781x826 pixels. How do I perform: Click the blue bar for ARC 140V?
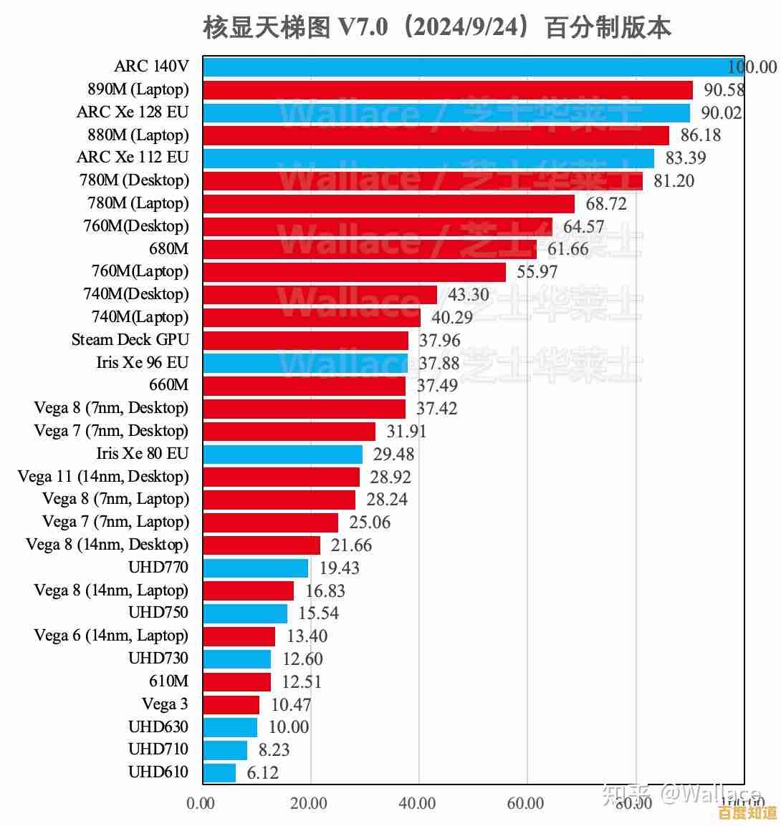473,67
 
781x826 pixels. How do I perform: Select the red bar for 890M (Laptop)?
448,89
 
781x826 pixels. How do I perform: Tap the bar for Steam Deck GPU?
306,340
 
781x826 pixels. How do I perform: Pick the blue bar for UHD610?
219,772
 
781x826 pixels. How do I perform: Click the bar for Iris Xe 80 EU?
283,454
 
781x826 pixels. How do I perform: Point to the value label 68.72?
606,204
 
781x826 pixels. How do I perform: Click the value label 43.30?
469,295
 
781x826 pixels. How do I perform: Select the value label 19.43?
340,568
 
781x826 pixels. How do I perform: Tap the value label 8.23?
274,750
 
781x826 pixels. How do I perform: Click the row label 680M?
169,248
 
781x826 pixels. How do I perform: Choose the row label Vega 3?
165,704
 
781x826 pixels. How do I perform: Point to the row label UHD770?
158,568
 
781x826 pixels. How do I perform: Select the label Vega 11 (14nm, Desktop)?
103,477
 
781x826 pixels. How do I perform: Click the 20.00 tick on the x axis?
309,804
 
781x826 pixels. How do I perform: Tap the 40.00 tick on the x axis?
417,804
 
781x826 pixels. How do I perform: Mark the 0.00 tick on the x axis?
201,804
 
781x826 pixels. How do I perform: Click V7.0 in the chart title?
363,28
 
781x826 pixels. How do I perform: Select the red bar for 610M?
237,681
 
